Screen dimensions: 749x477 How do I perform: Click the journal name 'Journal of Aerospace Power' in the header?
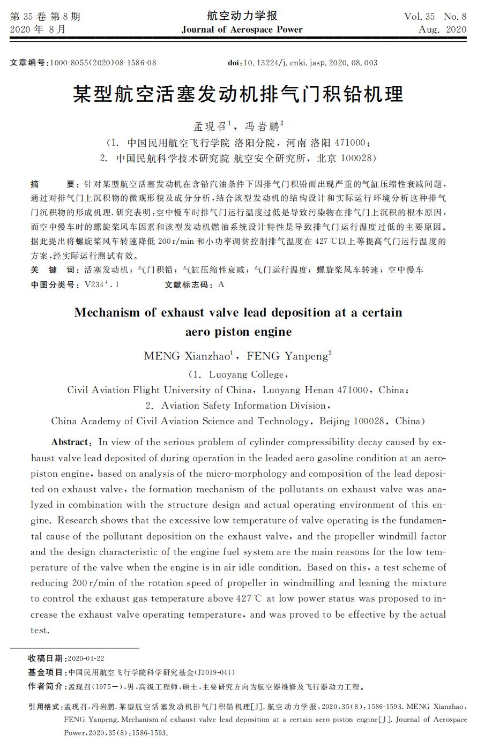242,29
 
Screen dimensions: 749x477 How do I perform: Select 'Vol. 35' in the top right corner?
420,17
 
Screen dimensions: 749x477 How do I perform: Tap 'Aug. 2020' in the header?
442,29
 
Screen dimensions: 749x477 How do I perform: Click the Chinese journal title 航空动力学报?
242,16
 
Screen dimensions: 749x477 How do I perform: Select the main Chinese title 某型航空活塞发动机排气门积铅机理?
238,95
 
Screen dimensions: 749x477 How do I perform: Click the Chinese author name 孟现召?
210,127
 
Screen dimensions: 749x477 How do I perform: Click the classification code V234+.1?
102,284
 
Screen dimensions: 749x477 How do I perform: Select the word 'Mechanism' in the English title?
106,312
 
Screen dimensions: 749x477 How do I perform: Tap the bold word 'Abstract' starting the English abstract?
69,442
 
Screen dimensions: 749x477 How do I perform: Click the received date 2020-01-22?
86,658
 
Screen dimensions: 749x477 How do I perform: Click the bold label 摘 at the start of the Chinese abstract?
35,183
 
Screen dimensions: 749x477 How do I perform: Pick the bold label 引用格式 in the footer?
45,707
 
